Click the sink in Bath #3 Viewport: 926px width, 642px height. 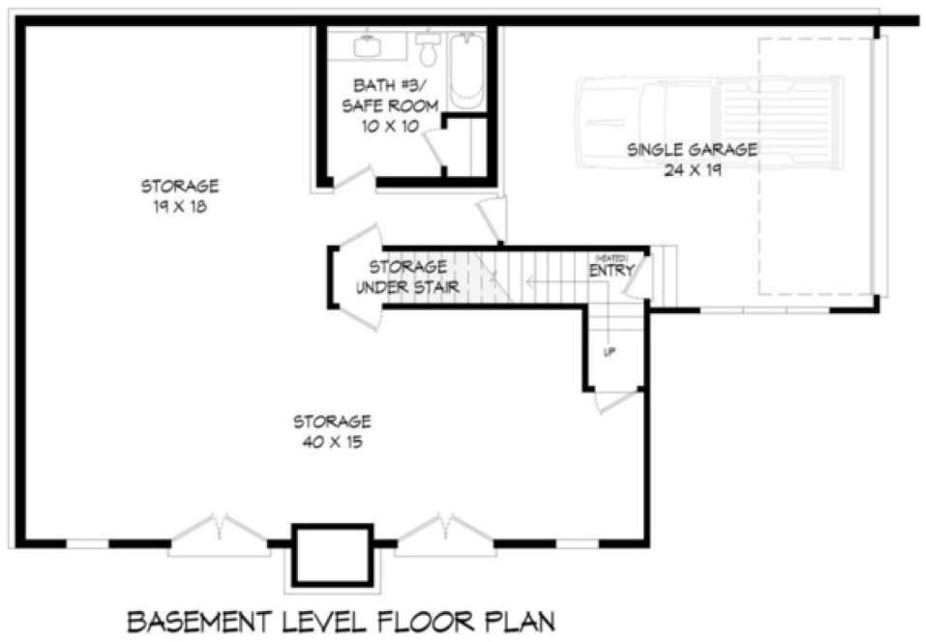coord(366,45)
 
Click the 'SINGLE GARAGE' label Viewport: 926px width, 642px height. coord(691,150)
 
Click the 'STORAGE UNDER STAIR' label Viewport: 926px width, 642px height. coord(406,277)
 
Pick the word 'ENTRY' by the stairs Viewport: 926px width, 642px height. coord(611,271)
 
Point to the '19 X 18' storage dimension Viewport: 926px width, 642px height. coord(180,206)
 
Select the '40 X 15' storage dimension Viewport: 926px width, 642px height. coord(332,442)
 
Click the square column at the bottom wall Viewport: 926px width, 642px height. coord(332,555)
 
